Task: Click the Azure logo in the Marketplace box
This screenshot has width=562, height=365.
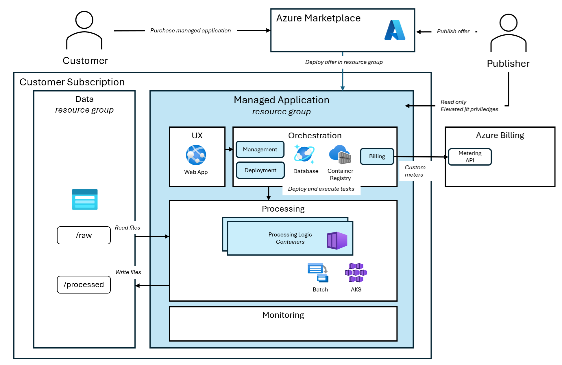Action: [395, 30]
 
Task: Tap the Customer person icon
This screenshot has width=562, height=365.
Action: [84, 30]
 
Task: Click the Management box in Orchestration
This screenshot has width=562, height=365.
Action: [260, 149]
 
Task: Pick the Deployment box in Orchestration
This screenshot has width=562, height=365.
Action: [260, 170]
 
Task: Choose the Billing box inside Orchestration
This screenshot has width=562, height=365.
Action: [377, 156]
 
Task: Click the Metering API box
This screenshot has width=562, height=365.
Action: [470, 157]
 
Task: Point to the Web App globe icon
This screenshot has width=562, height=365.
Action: [196, 155]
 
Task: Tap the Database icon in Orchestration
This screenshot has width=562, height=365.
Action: [304, 154]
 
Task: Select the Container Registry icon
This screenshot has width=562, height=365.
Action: [340, 154]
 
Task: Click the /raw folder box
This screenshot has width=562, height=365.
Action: [84, 235]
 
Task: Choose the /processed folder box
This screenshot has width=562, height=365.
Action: [84, 285]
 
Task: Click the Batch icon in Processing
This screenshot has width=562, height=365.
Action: [318, 272]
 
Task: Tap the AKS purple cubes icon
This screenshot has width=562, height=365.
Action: [356, 272]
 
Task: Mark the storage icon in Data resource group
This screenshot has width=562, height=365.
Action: [85, 199]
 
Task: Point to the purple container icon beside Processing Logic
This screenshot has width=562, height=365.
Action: [337, 241]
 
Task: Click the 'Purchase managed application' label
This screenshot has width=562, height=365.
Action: [191, 30]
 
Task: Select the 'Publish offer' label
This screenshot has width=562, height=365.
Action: [453, 31]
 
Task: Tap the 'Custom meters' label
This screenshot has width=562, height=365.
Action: [415, 171]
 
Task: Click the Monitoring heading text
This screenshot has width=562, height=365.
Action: [283, 315]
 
